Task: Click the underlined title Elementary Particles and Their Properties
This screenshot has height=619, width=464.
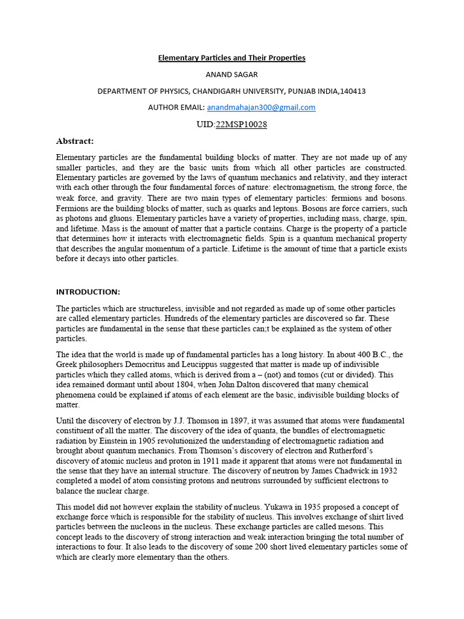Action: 231,58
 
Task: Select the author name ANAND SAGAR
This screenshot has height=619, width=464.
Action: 231,74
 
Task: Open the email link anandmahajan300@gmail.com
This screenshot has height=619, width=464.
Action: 261,108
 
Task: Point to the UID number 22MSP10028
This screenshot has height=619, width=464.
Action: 241,125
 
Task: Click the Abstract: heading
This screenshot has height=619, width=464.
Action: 75,141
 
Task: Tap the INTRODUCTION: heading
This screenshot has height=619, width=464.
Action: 88,292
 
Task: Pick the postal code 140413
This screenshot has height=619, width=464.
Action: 353,91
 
